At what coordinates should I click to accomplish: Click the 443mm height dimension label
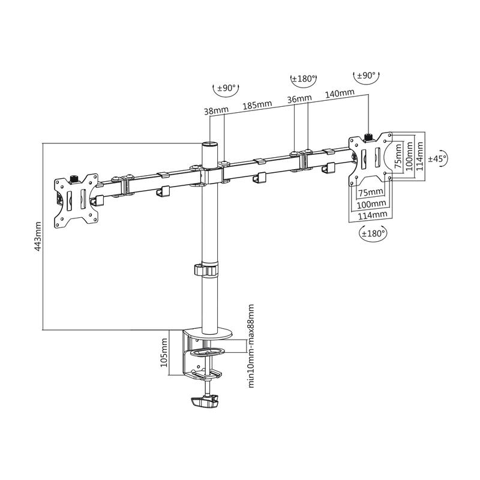tap(38, 236)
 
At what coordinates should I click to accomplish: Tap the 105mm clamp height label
tap(164, 352)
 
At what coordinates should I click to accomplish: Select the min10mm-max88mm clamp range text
tap(251, 346)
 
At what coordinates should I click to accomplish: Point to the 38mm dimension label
tap(217, 110)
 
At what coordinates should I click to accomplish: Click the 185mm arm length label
tap(257, 104)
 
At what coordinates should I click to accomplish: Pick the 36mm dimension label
tap(299, 99)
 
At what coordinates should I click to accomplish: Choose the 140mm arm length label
tap(340, 94)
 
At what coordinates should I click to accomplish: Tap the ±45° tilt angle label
tap(437, 158)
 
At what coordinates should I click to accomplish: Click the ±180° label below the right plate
tap(373, 233)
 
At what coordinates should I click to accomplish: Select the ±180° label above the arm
tap(304, 79)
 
